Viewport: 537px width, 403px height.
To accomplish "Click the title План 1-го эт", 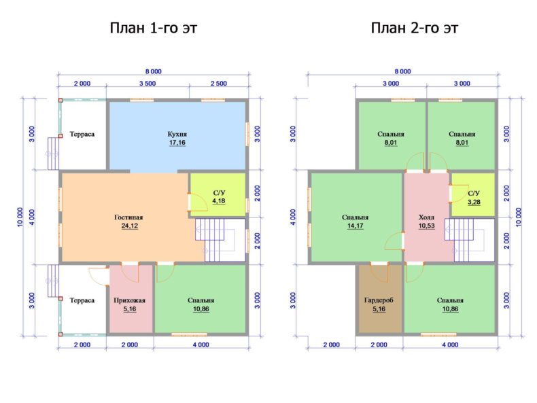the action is click(154, 28).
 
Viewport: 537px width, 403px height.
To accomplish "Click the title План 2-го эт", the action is click(415, 28).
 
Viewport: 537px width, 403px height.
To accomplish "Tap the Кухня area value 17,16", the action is click(177, 143).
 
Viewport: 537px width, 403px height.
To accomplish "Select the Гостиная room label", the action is click(128, 217).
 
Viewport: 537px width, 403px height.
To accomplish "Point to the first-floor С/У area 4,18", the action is click(219, 200).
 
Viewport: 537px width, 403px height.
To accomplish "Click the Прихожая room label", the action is click(129, 300).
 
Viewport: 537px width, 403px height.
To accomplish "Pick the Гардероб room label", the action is click(379, 300).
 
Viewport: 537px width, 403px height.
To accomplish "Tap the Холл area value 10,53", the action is click(426, 226).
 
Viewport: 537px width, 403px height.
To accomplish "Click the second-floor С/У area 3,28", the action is click(474, 202).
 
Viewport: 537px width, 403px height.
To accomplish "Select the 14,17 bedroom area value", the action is click(355, 226).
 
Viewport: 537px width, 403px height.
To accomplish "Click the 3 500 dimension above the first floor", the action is click(148, 84).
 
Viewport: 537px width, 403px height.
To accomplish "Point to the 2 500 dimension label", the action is click(219, 84).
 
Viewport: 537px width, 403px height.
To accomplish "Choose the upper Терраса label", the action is click(82, 134).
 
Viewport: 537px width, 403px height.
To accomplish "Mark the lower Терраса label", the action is click(82, 300).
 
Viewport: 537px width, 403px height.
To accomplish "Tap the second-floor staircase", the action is click(470, 241).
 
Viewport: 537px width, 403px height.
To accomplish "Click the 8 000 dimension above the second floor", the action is click(402, 71).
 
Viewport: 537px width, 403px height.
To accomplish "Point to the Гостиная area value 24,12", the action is click(130, 226).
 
